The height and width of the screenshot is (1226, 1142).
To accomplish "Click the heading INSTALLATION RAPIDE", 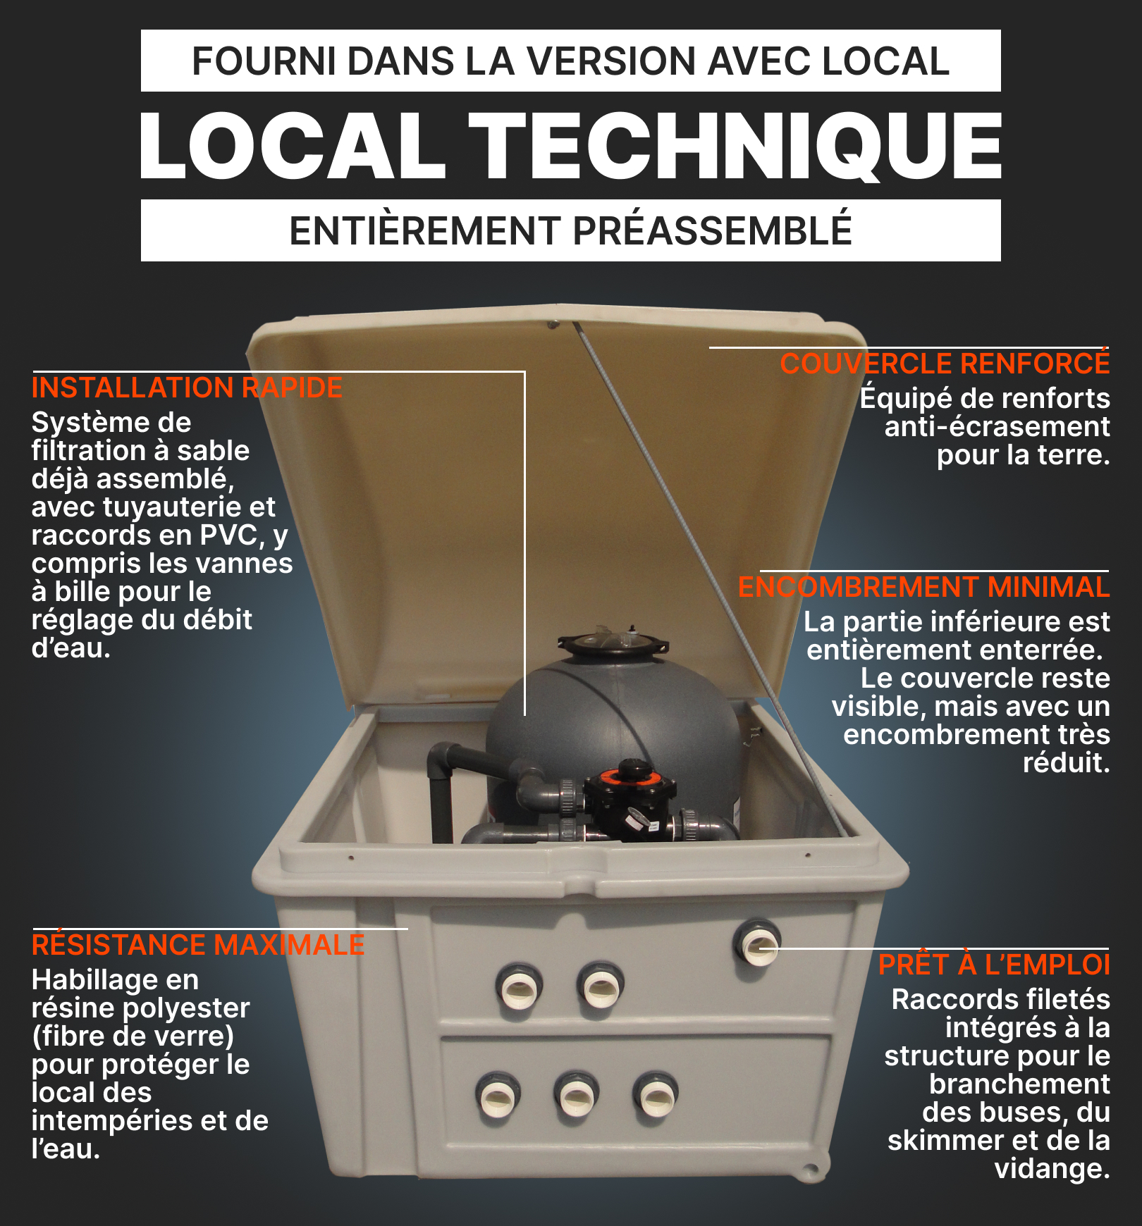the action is pos(187,388).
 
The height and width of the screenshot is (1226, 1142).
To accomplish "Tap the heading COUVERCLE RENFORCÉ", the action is pos(945,364).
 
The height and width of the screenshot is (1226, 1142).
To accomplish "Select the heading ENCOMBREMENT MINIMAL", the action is pos(923,587).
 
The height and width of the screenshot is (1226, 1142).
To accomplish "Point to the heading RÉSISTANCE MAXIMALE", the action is pos(198,944).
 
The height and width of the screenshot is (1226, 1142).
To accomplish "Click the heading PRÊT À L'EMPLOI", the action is pos(994,965).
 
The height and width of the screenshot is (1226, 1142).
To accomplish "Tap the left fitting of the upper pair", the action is pos(519,986).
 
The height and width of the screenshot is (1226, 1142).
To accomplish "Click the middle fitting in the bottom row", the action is pos(576,1096).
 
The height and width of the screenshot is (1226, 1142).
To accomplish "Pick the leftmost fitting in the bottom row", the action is pos(498,1097).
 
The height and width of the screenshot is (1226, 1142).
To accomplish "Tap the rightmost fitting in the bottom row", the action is pos(656,1096).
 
